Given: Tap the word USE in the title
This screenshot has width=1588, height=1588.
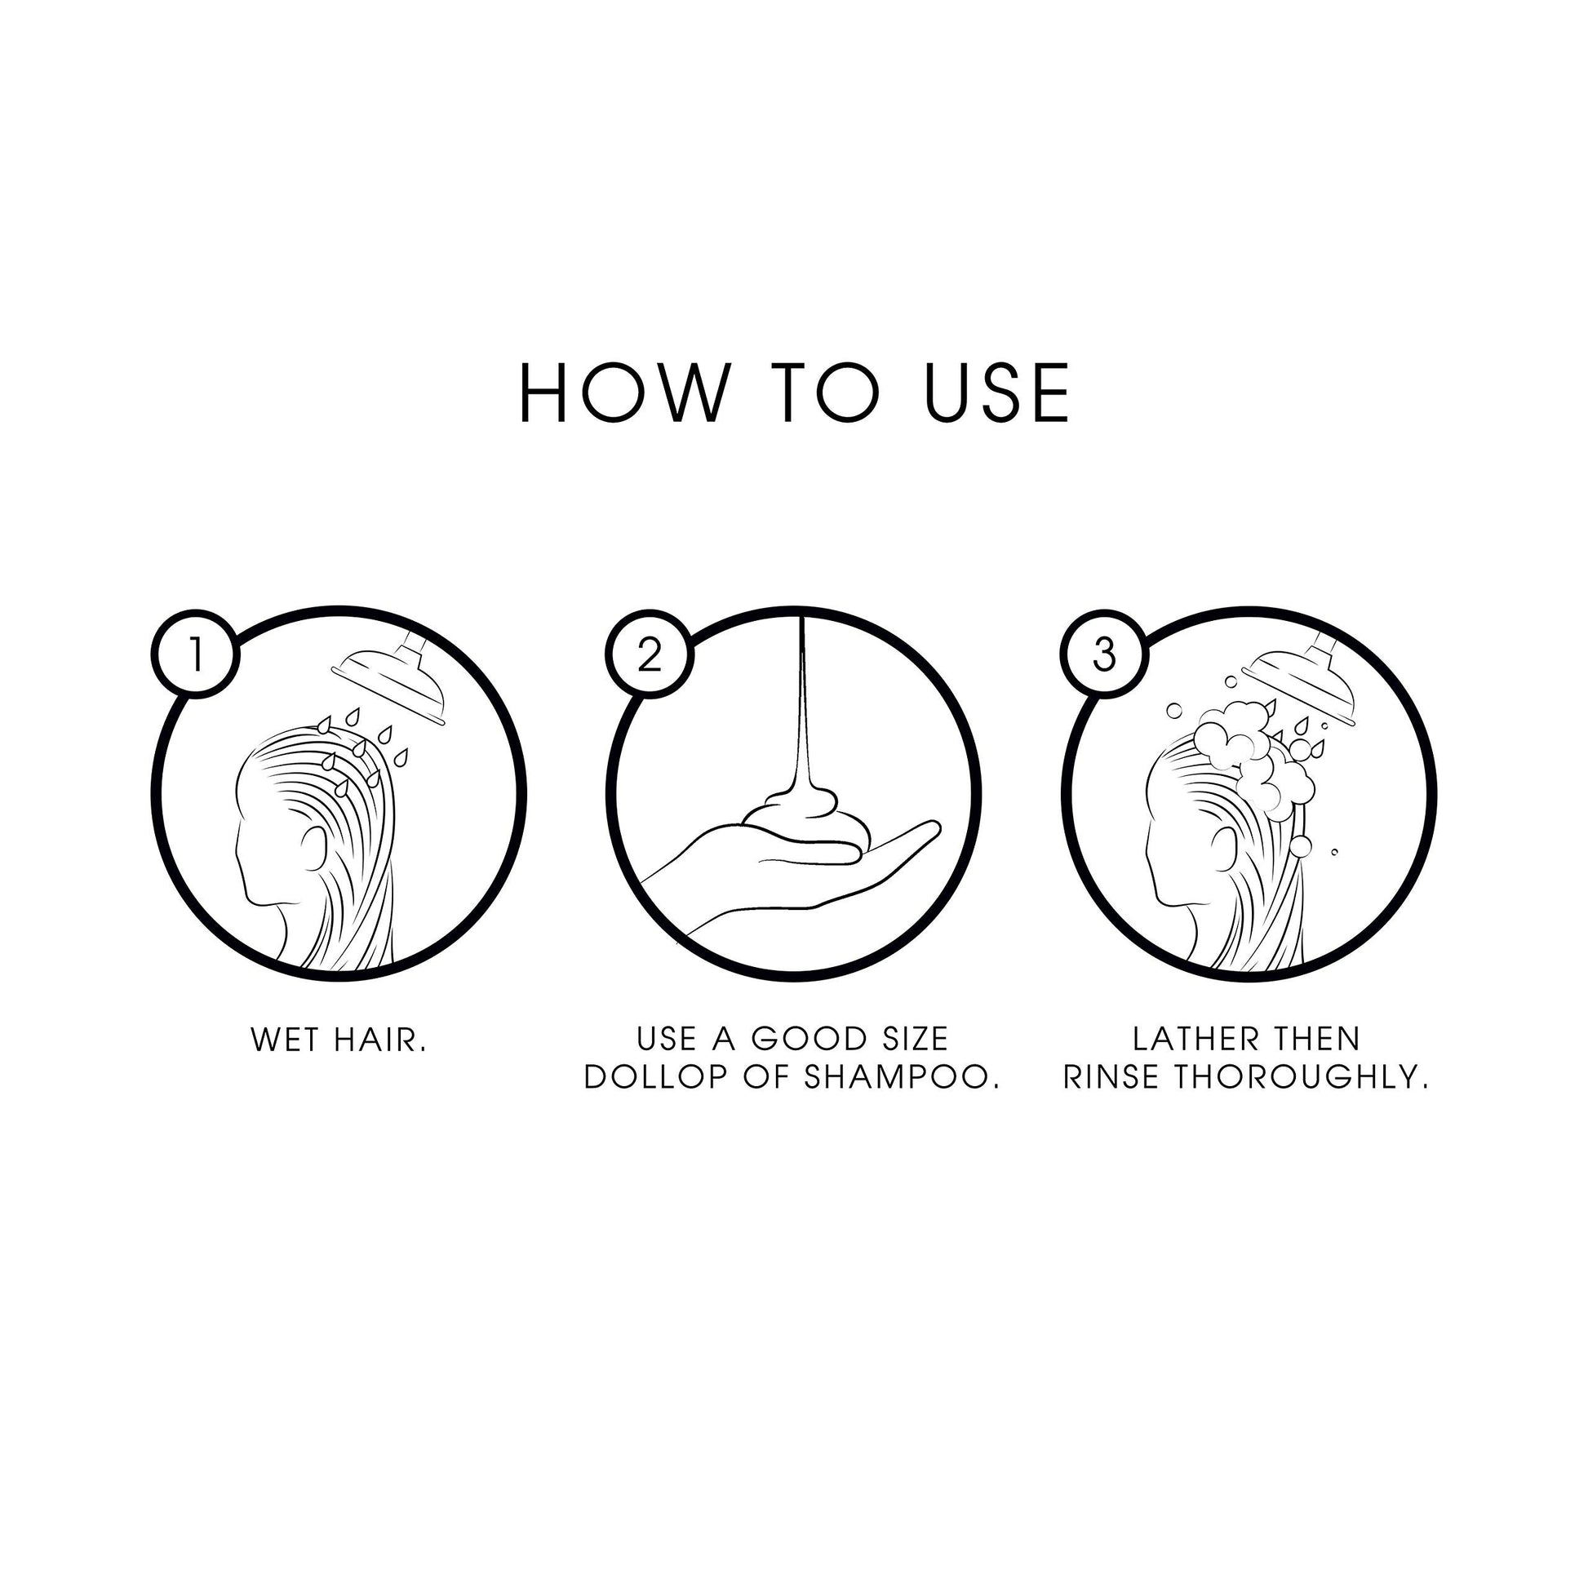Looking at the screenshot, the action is [x=997, y=393].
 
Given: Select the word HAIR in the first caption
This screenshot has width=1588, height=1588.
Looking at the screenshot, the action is [x=381, y=1040].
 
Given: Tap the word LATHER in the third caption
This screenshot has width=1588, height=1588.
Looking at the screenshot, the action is [x=1182, y=1039].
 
